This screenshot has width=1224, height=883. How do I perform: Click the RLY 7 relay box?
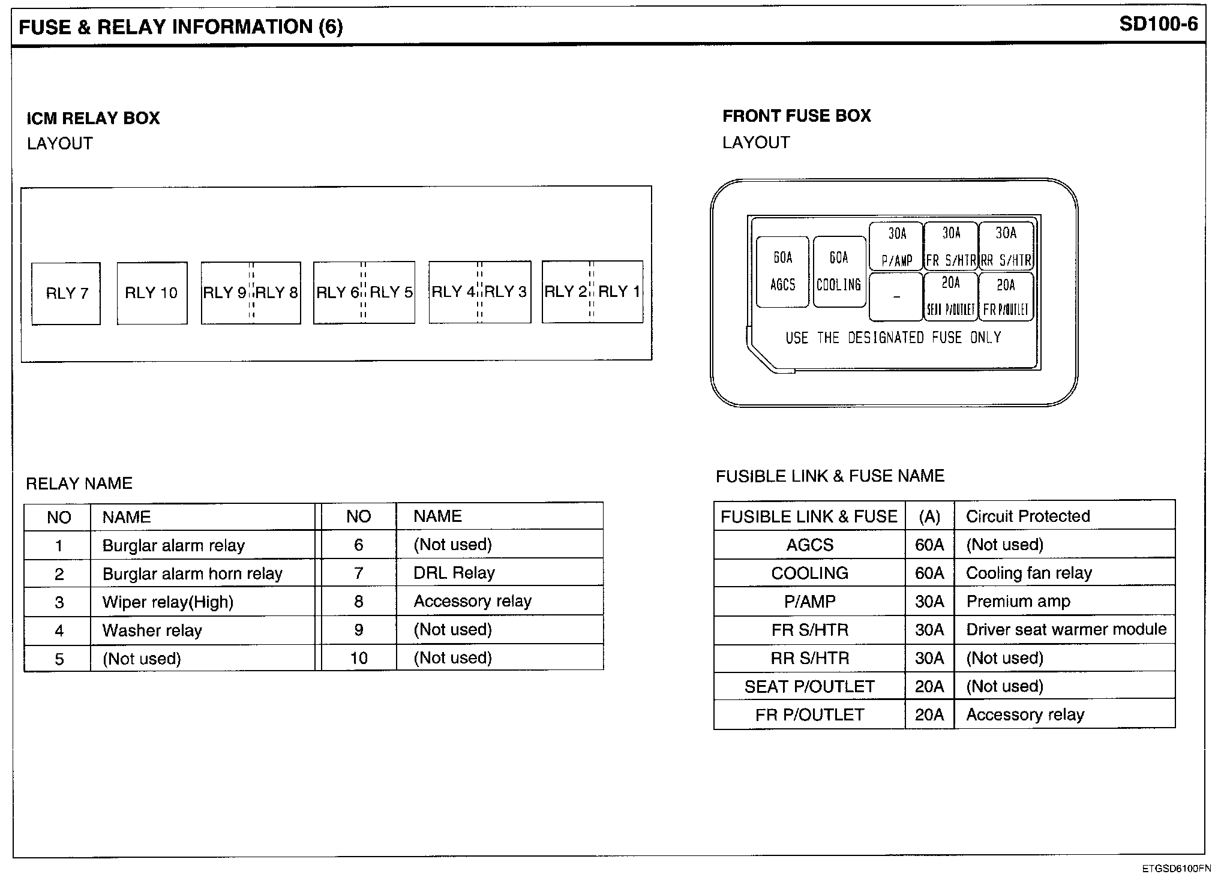tap(66, 293)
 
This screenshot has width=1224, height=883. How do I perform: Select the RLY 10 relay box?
tap(152, 293)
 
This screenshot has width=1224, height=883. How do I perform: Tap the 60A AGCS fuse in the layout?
tap(782, 272)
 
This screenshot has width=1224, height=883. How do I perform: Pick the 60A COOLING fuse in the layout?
tap(839, 272)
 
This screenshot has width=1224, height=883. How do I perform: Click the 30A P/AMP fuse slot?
tap(896, 247)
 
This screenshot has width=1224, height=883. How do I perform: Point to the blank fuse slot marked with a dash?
tap(896, 297)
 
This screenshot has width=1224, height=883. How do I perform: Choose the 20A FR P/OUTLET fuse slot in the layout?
tap(1006, 297)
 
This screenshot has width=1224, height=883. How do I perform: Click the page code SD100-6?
tap(1158, 24)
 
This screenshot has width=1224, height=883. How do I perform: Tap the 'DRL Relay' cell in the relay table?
tap(454, 573)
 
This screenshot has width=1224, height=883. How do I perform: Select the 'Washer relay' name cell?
tap(152, 630)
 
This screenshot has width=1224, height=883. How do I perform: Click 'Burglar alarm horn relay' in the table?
tap(192, 574)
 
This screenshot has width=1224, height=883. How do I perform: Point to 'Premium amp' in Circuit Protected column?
tap(1018, 601)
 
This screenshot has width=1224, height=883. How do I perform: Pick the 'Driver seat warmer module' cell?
tap(1066, 629)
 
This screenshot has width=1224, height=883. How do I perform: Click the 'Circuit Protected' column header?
tap(1028, 516)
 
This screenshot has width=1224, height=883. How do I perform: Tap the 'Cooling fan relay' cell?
tap(1028, 573)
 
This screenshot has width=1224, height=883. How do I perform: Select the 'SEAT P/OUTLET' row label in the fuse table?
tap(809, 686)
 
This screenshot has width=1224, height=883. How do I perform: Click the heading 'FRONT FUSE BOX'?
tap(796, 116)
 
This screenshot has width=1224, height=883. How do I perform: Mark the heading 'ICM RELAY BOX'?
tap(94, 118)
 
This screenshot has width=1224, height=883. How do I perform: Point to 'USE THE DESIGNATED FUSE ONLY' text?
tap(893, 338)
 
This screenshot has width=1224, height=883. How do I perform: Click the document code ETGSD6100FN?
tap(1176, 869)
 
